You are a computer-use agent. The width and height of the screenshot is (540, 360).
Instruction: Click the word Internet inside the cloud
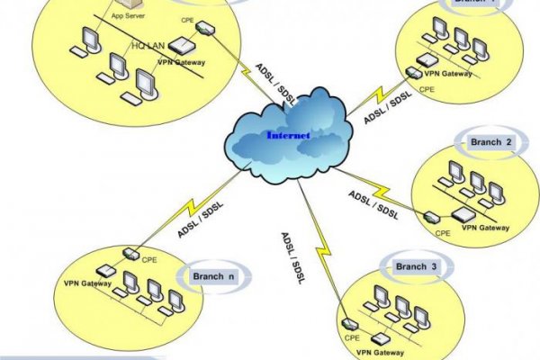coord(288,136)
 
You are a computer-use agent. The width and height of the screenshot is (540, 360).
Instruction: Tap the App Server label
coord(128,15)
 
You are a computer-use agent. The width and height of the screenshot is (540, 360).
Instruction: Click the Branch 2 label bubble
coord(491,142)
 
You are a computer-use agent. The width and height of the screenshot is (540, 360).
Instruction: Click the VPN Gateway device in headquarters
coord(183,46)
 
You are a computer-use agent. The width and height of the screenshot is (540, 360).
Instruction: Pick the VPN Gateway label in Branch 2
coord(485,228)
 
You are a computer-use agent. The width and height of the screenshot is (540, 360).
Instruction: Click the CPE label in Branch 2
coord(443,232)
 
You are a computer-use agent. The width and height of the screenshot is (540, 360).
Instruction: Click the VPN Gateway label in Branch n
coord(87,284)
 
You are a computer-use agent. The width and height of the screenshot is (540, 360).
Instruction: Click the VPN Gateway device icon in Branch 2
coord(463,214)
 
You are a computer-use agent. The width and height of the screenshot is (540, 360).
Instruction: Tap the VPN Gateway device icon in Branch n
coord(104,270)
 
